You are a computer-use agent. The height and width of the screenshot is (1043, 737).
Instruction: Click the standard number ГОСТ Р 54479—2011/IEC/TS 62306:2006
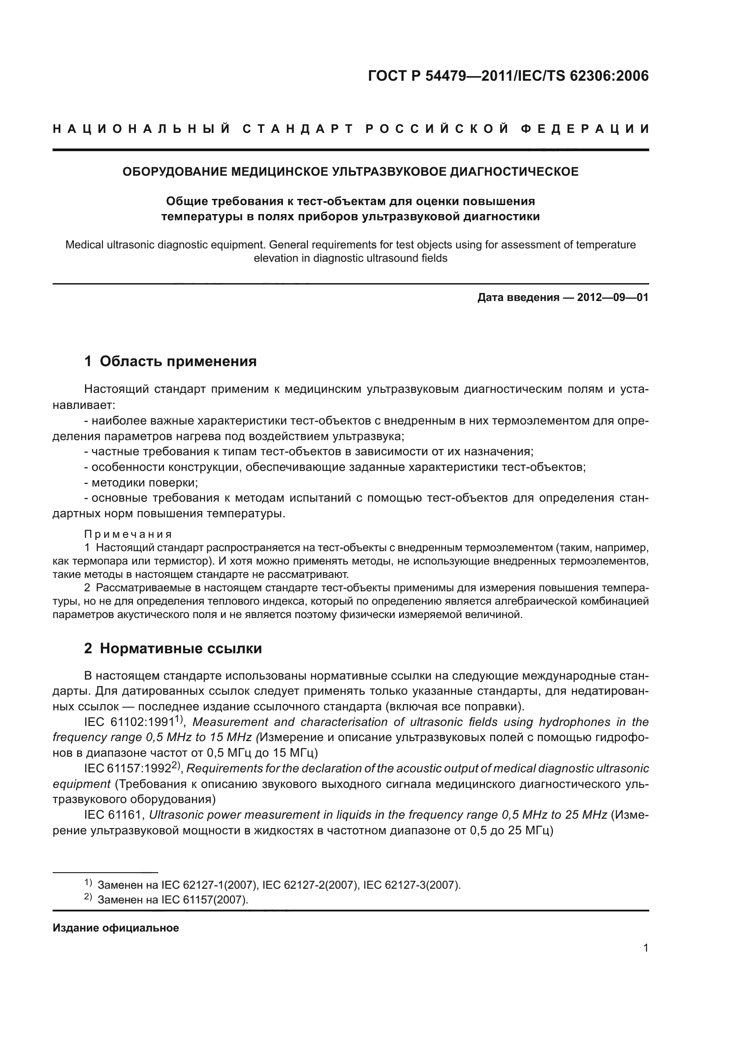click(508, 76)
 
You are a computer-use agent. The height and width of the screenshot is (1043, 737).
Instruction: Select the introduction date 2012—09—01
click(613, 297)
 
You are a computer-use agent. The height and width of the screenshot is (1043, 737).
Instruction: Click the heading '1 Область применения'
click(170, 361)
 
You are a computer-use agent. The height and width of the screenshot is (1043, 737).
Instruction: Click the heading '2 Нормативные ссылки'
click(173, 648)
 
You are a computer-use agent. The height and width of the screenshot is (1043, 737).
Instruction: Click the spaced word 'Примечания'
click(128, 534)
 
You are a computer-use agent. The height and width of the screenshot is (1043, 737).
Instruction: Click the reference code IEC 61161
click(114, 815)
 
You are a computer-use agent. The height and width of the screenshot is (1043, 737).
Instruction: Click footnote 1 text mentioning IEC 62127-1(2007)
click(279, 885)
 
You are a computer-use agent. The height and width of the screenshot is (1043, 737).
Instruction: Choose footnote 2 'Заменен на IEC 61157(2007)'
click(172, 900)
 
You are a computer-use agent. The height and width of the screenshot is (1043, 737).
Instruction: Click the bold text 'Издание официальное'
click(116, 928)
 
